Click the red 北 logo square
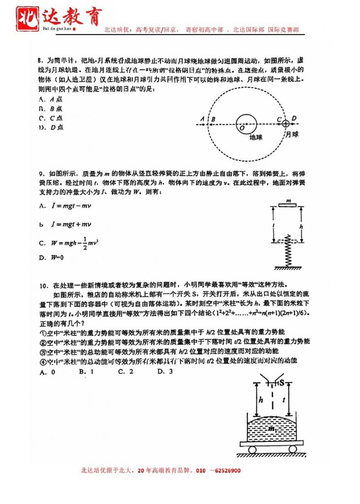click(29, 18)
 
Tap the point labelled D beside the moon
click(294, 118)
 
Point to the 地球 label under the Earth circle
click(256, 137)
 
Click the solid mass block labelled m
click(288, 205)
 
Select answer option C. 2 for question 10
click(126, 372)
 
